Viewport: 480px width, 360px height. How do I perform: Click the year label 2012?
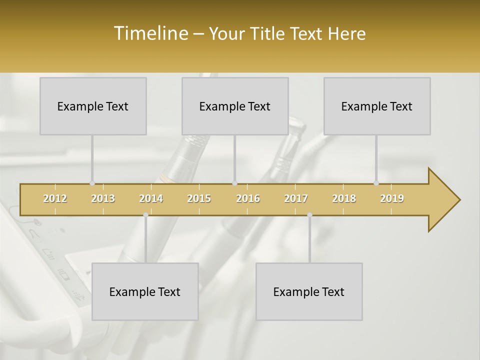[x=55, y=198]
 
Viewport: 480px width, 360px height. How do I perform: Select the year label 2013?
[x=103, y=198]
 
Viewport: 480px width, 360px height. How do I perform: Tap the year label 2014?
[x=151, y=198]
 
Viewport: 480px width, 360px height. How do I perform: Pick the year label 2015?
[x=199, y=198]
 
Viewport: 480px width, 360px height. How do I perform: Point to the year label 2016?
[x=248, y=198]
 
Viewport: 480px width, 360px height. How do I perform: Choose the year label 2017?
[x=296, y=198]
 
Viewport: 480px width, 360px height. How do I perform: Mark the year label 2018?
[x=344, y=198]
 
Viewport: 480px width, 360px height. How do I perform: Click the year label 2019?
[x=392, y=198]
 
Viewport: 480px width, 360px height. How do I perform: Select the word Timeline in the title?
[x=150, y=33]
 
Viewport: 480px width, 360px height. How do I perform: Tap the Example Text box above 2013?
[x=93, y=106]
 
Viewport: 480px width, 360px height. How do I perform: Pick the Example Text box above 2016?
[x=235, y=106]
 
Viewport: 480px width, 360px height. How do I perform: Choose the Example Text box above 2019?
[x=377, y=106]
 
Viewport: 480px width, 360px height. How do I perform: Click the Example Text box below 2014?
[x=145, y=291]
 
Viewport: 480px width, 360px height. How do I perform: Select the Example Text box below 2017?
[x=309, y=291]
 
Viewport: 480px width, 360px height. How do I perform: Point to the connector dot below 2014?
[x=145, y=215]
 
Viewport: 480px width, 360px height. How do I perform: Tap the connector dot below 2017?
[x=309, y=215]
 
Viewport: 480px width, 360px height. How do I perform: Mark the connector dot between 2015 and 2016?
[x=235, y=183]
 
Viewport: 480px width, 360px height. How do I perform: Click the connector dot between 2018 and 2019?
[x=376, y=183]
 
